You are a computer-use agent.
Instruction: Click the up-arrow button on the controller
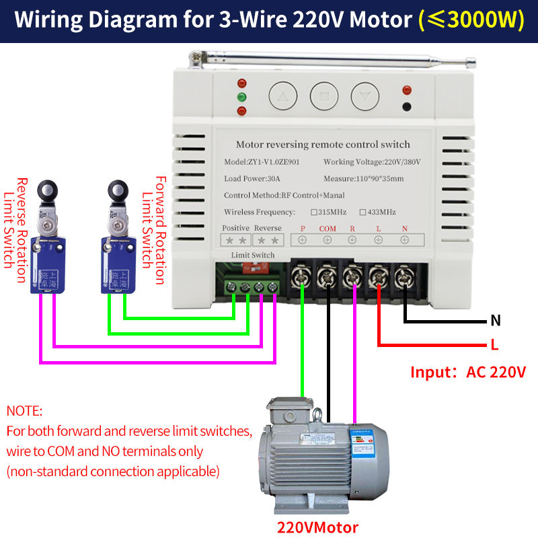point(282,96)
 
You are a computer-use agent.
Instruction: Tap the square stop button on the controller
point(324,96)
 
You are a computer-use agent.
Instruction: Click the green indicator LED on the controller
point(241,98)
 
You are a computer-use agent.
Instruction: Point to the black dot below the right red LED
point(406,106)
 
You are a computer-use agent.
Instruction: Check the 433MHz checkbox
point(363,213)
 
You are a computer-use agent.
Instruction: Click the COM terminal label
point(328,229)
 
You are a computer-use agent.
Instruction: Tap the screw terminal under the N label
point(403,274)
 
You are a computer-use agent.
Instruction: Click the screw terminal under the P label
point(303,274)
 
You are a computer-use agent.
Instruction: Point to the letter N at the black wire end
point(496,320)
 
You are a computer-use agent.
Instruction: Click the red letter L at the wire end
point(494,346)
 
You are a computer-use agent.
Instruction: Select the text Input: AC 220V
point(468,372)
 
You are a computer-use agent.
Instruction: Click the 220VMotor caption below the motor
point(317,527)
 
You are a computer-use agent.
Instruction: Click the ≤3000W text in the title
point(471,20)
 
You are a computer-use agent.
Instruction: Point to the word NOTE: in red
point(25,410)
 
